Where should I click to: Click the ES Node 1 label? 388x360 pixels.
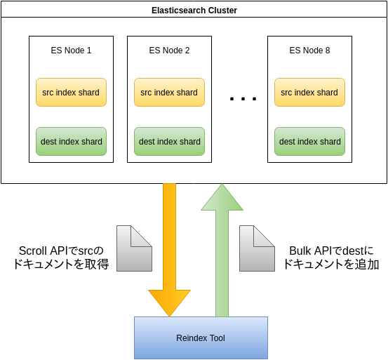point(71,51)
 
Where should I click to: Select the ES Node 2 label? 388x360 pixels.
point(169,51)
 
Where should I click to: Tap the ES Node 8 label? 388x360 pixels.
point(309,51)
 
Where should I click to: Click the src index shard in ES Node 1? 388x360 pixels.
point(71,92)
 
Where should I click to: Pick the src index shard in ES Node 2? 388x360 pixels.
point(169,92)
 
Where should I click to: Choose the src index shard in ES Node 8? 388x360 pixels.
point(309,92)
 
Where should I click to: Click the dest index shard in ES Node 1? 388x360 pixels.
point(71,141)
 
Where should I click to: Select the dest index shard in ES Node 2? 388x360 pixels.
point(169,141)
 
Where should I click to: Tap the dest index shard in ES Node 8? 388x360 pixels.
point(309,141)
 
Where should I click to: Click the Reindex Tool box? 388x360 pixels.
point(201,338)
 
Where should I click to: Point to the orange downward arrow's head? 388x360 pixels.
point(169,302)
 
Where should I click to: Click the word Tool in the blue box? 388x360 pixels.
point(217,338)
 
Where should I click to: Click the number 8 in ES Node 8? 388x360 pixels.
point(327,51)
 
